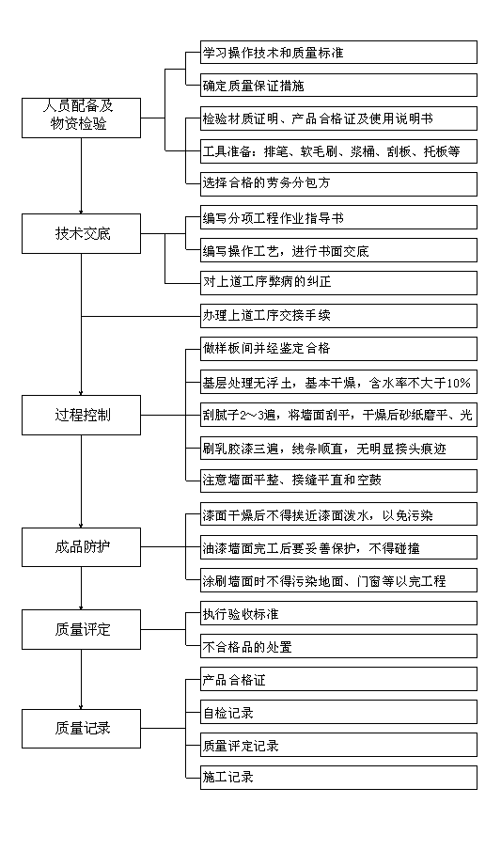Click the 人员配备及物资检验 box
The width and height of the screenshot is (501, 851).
pos(82,118)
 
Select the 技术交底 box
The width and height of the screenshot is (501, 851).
pos(82,234)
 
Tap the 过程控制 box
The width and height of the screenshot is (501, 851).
pos(82,416)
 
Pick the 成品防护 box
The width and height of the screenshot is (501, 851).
pos(82,547)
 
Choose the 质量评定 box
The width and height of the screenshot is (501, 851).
pos(82,630)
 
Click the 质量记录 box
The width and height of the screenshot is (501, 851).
pos(82,729)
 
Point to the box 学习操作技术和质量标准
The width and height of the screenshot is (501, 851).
pos(338,53)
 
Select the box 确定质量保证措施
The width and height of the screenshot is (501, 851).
pos(338,86)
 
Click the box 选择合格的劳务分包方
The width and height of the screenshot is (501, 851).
pos(338,184)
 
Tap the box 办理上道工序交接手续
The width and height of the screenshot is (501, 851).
pos(338,316)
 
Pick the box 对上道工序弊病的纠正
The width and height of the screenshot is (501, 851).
pos(338,283)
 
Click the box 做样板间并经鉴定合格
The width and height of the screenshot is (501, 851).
pos(338,349)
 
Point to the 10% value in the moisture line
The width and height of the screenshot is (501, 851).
pos(460,383)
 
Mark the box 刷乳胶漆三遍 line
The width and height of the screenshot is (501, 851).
pos(338,449)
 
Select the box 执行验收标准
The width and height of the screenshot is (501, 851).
pos(338,613)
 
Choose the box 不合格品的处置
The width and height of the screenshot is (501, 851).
pos(338,646)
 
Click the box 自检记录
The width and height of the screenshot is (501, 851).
pos(338,712)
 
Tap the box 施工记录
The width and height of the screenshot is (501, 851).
pos(338,778)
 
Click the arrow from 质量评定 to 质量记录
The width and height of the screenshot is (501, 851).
pos(82,679)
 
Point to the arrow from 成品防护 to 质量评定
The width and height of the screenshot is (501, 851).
pos(82,589)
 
